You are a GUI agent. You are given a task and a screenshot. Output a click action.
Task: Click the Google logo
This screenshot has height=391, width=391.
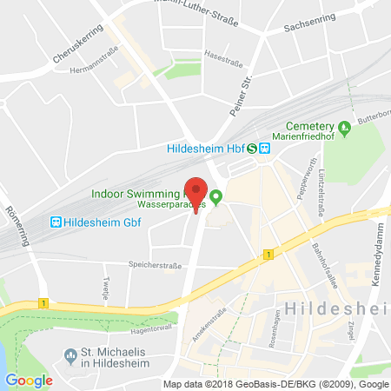(x=30, y=380)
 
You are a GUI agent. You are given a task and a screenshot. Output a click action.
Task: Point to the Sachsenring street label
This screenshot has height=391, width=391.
(x=309, y=29)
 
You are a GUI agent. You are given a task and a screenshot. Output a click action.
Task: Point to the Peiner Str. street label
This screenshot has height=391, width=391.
(x=238, y=96)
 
